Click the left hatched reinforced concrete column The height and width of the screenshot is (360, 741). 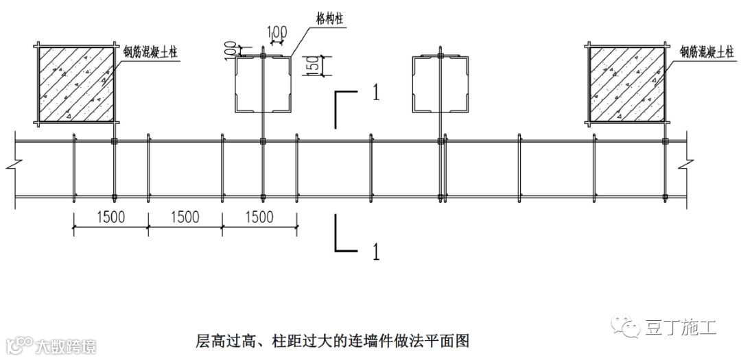75,85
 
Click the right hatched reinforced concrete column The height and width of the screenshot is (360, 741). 626,85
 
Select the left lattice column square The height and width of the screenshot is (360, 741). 263,85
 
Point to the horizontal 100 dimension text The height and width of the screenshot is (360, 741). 278,32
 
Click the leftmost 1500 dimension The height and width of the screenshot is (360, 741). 110,217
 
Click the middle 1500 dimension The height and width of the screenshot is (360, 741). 185,217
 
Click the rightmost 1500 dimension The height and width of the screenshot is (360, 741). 259,217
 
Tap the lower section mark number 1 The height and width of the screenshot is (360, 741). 375,252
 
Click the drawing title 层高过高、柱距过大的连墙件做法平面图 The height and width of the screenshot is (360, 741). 332,339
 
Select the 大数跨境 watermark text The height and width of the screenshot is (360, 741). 67,344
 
